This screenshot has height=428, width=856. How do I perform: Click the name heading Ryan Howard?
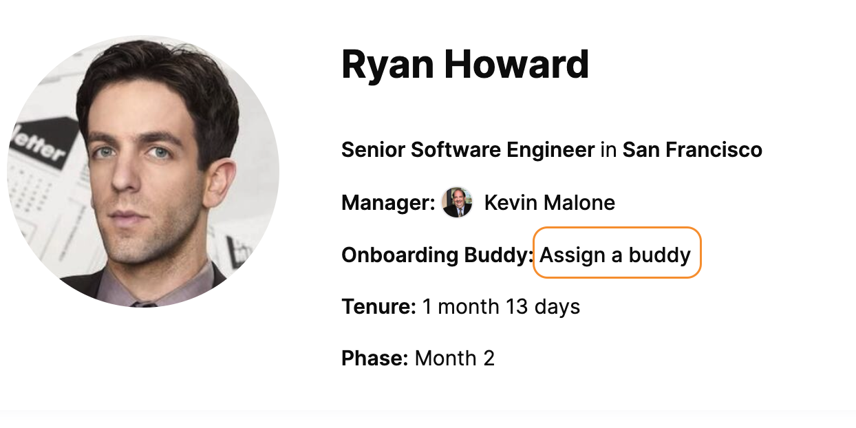(465, 65)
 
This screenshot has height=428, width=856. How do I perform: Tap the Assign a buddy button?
(617, 253)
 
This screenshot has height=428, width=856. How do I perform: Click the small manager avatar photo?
(457, 202)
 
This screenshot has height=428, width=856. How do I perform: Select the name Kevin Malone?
(550, 202)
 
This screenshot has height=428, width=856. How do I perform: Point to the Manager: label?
(388, 202)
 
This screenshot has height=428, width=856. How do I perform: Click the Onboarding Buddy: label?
(437, 255)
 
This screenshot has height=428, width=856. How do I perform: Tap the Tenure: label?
(378, 306)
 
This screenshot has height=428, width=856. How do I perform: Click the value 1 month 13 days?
(501, 307)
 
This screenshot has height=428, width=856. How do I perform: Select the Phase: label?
(374, 359)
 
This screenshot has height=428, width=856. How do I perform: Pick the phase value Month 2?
(454, 359)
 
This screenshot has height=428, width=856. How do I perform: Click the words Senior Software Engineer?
(468, 150)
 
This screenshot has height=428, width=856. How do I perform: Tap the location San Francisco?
(692, 149)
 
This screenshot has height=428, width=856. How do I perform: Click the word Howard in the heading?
(516, 64)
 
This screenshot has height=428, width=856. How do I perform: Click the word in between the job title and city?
(608, 149)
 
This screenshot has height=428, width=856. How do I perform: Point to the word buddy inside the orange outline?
(660, 255)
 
